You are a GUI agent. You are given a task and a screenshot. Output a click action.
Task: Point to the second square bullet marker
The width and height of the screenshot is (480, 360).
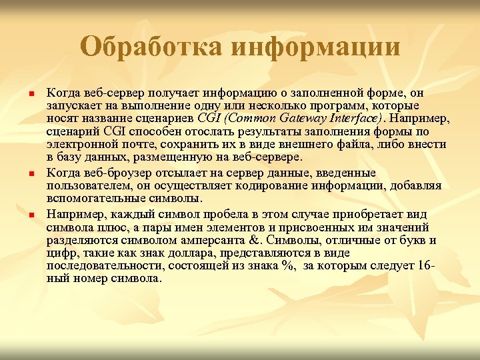pos(31,174)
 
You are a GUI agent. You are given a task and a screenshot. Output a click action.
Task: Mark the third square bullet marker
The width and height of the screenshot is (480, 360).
pos(31,214)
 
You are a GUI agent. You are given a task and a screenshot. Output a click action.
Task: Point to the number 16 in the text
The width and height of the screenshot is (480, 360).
pos(424,266)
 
